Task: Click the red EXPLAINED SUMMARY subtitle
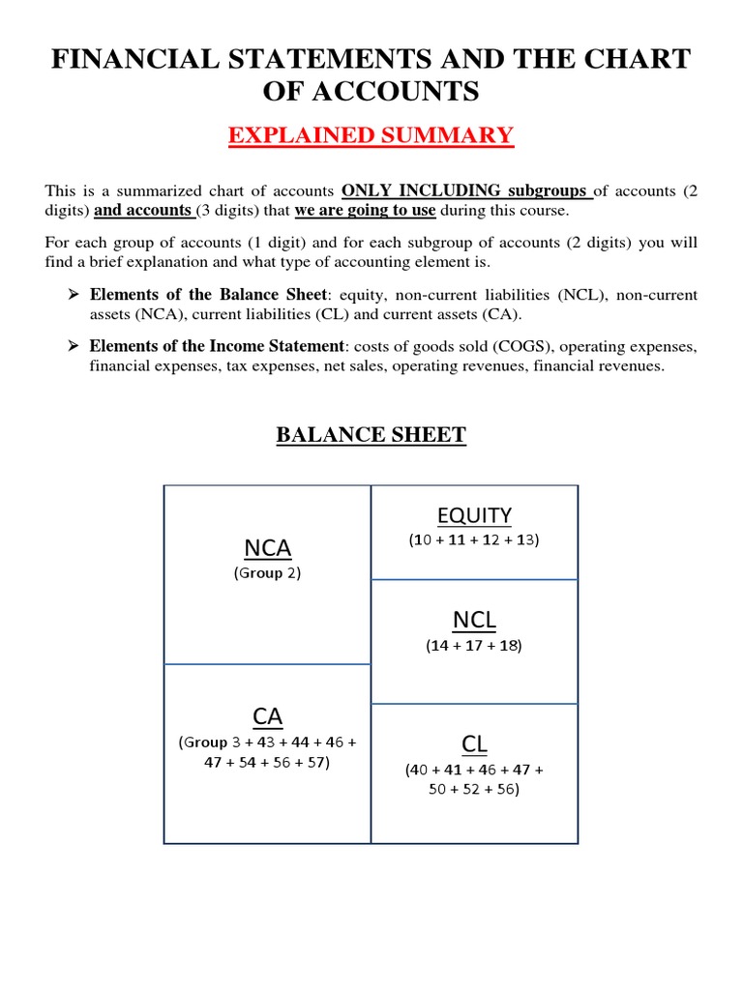click(x=371, y=134)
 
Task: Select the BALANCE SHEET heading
click(x=371, y=435)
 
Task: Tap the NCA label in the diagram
click(x=267, y=548)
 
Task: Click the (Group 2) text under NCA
click(x=267, y=573)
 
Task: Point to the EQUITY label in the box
click(x=474, y=514)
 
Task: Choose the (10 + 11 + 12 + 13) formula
click(x=474, y=540)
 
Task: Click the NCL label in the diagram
click(x=474, y=619)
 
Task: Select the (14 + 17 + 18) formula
click(x=474, y=646)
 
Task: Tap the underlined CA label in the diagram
click(x=267, y=716)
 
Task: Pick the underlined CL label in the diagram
click(x=474, y=743)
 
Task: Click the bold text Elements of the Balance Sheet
click(x=207, y=294)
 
